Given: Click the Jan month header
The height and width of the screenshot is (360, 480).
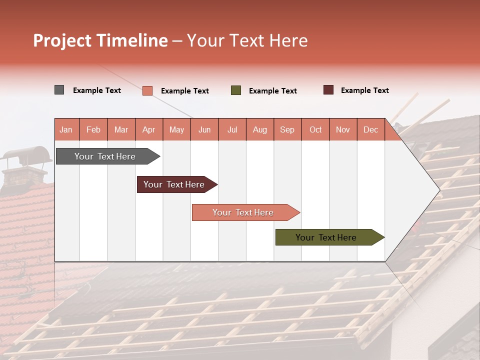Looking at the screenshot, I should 66,129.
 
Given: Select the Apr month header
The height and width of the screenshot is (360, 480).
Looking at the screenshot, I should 149,129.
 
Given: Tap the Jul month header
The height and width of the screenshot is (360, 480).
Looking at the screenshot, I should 232,129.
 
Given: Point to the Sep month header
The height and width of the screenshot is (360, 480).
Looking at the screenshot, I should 287,129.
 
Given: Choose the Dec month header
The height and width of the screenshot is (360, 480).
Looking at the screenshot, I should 370,129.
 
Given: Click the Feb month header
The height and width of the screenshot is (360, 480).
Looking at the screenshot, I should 93,129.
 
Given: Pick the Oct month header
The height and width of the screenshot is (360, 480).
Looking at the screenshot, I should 315,129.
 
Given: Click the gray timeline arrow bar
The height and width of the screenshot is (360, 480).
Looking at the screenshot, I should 105,156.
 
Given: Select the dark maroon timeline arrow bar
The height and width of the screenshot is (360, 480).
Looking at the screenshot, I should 174,184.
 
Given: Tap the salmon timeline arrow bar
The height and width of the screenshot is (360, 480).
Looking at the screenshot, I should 243,212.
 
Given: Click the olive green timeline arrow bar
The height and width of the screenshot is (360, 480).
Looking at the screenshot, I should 326,237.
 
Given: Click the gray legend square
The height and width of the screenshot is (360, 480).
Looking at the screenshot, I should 59,90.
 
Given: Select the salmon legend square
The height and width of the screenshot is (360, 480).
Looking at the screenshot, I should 147,90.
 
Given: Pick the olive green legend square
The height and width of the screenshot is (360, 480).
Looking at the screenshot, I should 236,90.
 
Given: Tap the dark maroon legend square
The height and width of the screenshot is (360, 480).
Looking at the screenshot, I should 328,90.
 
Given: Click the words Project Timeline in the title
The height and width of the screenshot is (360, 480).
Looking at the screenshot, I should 100,40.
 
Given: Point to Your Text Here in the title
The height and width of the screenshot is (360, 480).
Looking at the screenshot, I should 247,40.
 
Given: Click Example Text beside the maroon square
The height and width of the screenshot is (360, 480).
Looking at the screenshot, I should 364,90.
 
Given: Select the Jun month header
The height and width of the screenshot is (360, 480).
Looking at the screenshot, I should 204,129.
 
